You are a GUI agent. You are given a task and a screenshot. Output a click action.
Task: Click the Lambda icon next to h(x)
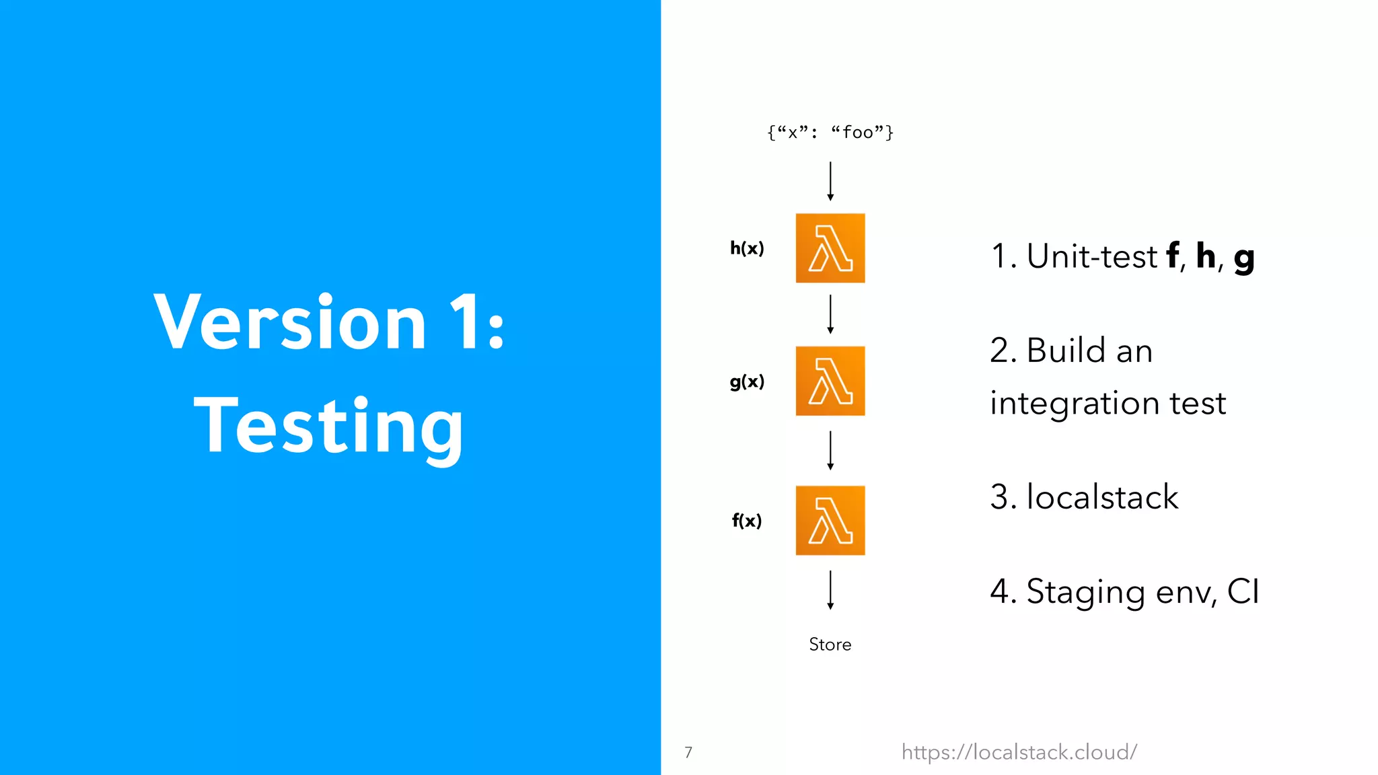(830, 248)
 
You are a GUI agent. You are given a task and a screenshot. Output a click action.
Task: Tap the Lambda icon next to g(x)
(830, 381)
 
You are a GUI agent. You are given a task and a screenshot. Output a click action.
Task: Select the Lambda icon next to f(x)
(830, 520)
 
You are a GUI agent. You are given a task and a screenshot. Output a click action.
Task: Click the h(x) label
(747, 248)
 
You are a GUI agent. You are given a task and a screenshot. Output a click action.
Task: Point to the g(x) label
(747, 381)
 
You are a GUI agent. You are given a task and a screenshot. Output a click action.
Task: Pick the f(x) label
(747, 520)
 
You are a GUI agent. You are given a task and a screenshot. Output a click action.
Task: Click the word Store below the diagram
(830, 644)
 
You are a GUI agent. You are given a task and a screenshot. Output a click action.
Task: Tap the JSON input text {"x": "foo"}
(830, 133)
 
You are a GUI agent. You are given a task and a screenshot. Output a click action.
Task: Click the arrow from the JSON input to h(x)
(830, 181)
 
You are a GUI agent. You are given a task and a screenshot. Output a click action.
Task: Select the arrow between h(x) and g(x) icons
(830, 314)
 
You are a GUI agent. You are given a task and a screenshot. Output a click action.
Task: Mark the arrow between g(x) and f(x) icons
(830, 451)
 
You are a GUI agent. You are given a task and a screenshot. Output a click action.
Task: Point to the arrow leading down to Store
(830, 590)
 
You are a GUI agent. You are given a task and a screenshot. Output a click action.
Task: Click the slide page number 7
(688, 752)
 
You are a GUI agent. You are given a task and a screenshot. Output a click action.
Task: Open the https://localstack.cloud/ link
(1019, 751)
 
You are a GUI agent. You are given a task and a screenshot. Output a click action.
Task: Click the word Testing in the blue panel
(328, 426)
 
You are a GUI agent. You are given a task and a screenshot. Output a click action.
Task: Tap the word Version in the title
(290, 323)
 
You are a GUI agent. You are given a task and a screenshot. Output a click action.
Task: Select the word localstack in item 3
(1102, 497)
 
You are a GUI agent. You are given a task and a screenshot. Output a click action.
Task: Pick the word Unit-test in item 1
(1091, 256)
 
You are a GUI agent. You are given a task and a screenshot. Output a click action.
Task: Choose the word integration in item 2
(1075, 403)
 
